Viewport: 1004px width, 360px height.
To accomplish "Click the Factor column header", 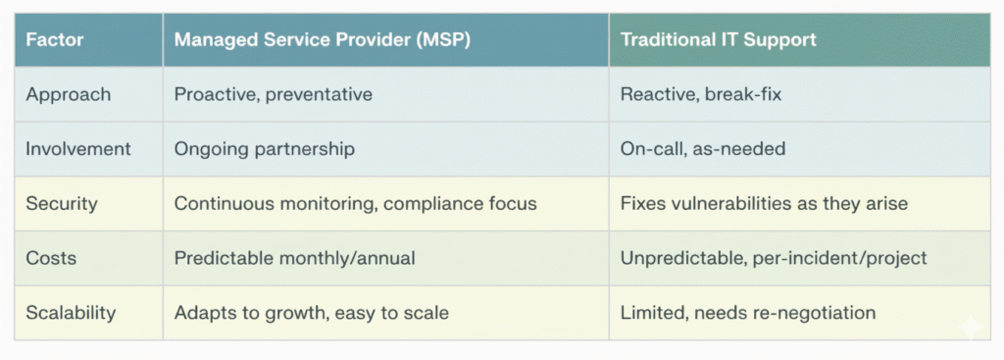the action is click(55, 39).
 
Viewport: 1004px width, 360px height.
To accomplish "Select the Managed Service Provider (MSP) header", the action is click(322, 39).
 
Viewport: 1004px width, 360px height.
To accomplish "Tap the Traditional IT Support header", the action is click(719, 39).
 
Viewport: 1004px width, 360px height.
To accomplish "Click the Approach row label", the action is click(68, 95).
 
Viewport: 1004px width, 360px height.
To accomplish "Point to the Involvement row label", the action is click(78, 149).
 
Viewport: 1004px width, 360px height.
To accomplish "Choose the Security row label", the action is click(62, 204).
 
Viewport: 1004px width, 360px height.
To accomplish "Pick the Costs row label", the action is click(51, 258).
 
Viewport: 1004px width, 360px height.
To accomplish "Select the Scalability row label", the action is click(71, 313).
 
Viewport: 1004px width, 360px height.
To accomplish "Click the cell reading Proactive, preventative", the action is click(274, 95).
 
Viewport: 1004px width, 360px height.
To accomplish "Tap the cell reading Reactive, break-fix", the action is click(701, 95).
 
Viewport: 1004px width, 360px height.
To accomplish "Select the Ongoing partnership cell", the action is click(265, 150).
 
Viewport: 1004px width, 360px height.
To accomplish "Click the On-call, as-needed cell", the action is click(702, 149).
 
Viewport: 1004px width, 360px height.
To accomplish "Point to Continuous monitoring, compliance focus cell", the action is click(355, 204).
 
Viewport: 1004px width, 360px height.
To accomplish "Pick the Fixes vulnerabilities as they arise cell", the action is click(764, 204).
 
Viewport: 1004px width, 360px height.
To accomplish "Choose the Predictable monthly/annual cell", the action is click(294, 259).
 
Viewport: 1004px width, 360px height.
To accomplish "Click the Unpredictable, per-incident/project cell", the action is click(774, 259).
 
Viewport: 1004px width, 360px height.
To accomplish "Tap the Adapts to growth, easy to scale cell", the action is click(311, 313).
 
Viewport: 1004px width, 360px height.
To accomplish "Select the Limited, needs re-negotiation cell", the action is click(748, 313).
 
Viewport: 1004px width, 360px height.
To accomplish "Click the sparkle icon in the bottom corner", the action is click(970, 327).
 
